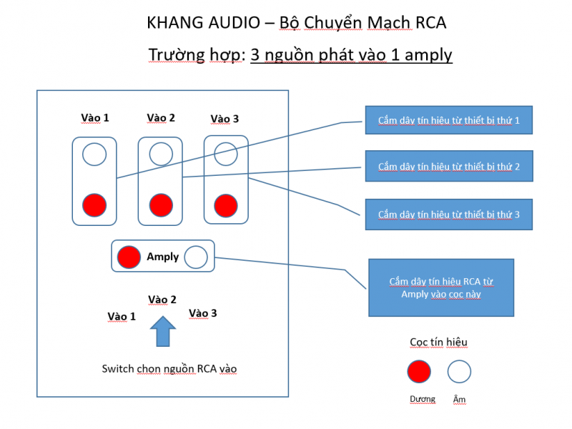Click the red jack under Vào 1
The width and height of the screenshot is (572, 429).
click(x=94, y=205)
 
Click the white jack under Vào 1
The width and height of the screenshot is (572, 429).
click(x=94, y=153)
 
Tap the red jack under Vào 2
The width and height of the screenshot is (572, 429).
click(x=160, y=205)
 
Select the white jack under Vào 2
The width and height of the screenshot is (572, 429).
click(x=160, y=153)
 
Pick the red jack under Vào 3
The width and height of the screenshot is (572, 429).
click(x=226, y=205)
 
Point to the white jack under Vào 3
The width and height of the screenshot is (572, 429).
click(x=226, y=153)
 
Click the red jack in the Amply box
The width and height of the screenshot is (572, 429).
click(x=129, y=257)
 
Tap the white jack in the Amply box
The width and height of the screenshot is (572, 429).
click(x=196, y=257)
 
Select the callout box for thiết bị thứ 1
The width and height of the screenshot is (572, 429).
click(x=448, y=120)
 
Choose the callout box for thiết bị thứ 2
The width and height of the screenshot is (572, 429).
click(x=448, y=167)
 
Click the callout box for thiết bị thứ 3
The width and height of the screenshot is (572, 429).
click(x=448, y=214)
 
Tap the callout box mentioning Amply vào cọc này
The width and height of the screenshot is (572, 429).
click(x=441, y=287)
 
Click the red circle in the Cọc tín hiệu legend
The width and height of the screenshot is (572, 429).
click(x=419, y=371)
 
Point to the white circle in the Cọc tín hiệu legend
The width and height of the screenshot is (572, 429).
click(x=459, y=371)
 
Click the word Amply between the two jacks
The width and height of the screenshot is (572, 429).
click(x=162, y=257)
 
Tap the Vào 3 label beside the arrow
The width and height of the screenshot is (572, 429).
click(x=203, y=313)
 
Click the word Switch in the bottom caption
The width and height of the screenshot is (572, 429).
click(x=117, y=369)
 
